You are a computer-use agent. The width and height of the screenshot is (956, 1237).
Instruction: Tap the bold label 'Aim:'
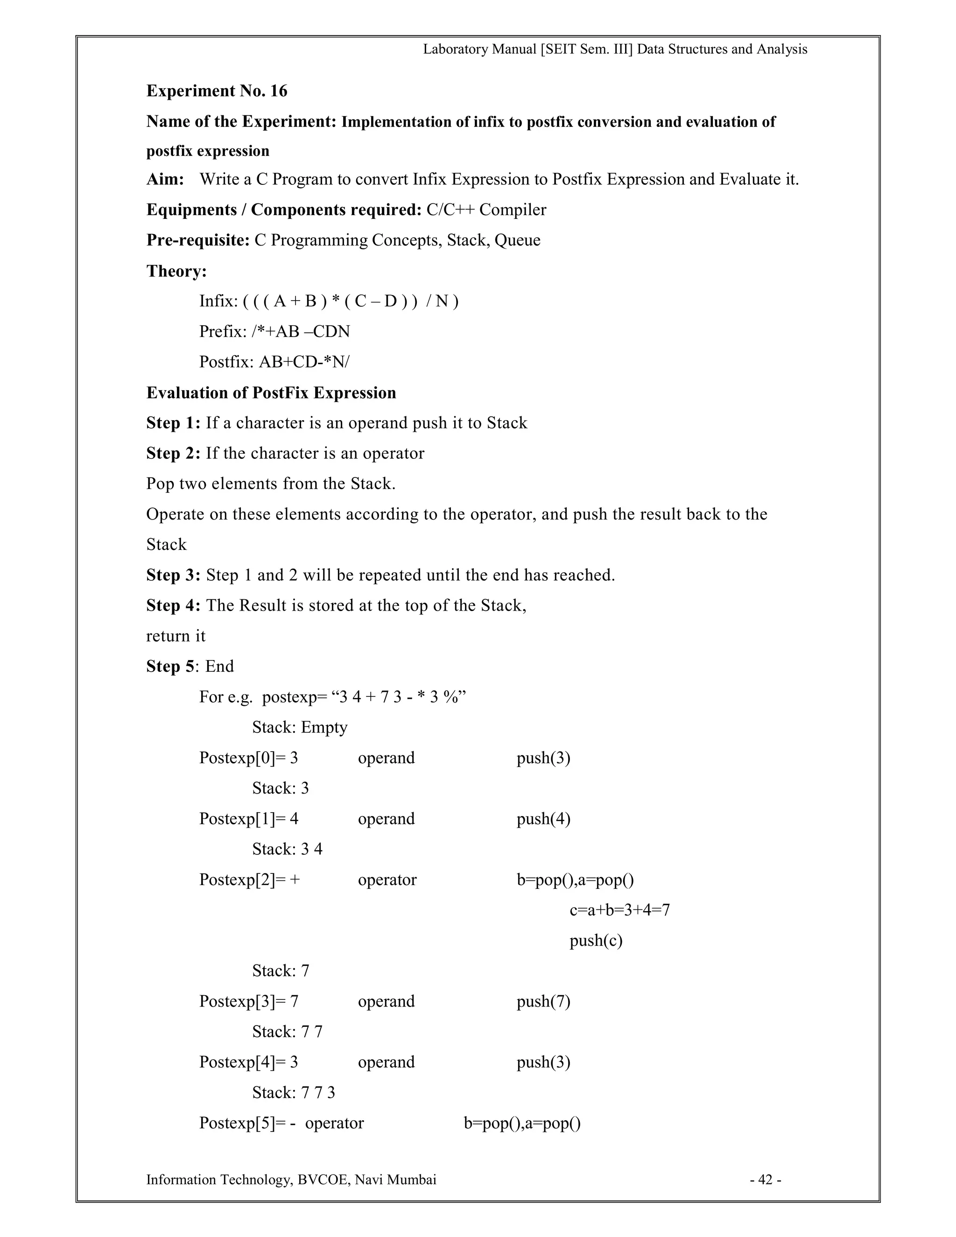[x=165, y=180]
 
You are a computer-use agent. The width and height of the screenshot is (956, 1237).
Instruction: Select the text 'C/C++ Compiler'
[x=486, y=210]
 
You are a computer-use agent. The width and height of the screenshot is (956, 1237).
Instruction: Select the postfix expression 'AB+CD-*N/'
[x=304, y=361]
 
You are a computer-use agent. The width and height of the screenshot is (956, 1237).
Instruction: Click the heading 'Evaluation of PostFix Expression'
[x=271, y=393]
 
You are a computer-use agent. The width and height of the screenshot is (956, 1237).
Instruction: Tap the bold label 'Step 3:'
[x=173, y=575]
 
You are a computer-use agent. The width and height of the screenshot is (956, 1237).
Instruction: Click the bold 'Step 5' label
[x=170, y=666]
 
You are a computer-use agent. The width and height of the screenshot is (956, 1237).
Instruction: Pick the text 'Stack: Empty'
[x=300, y=727]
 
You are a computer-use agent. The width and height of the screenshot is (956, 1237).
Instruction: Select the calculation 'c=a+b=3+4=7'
[x=619, y=910]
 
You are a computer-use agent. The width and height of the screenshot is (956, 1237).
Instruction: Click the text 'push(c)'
[x=596, y=940]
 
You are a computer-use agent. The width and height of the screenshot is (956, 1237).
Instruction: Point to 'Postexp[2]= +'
[x=249, y=879]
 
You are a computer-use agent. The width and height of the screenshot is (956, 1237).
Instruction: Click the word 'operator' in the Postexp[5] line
[x=334, y=1123]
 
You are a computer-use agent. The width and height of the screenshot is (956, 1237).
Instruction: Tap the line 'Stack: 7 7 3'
[x=293, y=1093]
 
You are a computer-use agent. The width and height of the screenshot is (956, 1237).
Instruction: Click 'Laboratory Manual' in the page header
[x=479, y=49]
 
